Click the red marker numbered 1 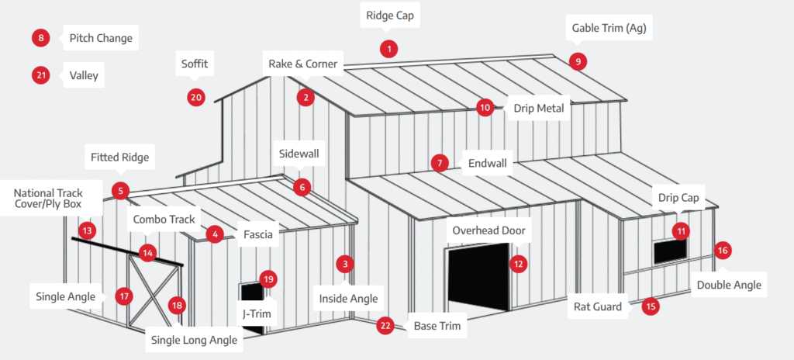coord(388,49)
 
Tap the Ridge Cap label coord(390,15)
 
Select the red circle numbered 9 coord(576,62)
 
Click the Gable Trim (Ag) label coord(609,29)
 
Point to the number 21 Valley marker coord(41,75)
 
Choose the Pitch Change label coord(101,38)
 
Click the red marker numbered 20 coord(195,97)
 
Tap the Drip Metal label coord(538,109)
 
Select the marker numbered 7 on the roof coord(440,164)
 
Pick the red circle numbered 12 coord(518,264)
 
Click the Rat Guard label coord(598,306)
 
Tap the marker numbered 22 coord(385,326)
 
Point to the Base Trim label coord(437,326)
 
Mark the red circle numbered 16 coord(723,250)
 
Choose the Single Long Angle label coord(195,340)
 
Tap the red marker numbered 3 coord(345,264)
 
